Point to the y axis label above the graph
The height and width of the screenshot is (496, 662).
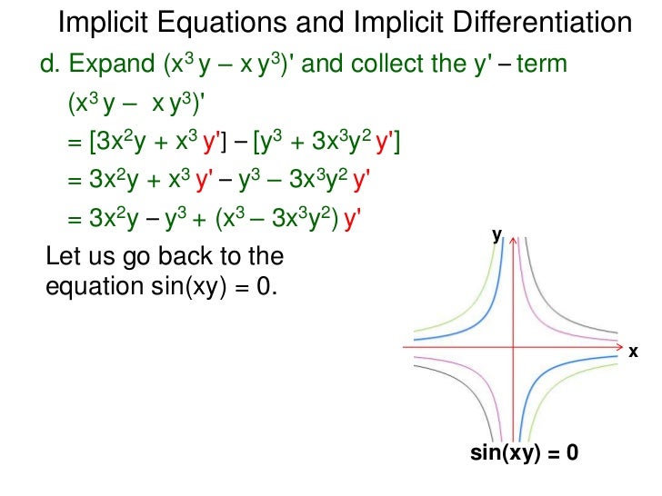click(x=497, y=234)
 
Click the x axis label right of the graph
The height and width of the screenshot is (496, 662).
click(x=632, y=351)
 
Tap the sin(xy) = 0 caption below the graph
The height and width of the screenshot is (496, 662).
click(x=525, y=451)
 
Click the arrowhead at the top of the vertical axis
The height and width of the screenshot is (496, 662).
click(x=515, y=241)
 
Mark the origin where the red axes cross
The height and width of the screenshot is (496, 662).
click(x=515, y=346)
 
